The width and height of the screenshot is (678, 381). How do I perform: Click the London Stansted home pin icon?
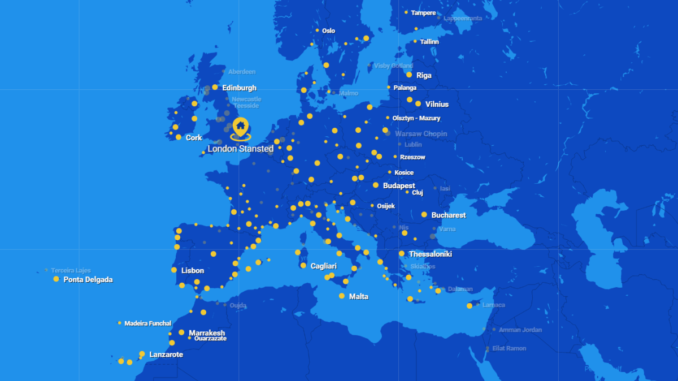pyautogui.click(x=240, y=125)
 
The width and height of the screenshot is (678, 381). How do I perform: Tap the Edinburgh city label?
pyautogui.click(x=239, y=88)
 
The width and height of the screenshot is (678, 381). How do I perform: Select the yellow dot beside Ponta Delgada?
pyautogui.click(x=56, y=279)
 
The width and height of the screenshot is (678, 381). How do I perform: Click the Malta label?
pyautogui.click(x=358, y=296)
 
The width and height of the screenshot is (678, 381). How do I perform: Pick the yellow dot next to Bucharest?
pyautogui.click(x=424, y=215)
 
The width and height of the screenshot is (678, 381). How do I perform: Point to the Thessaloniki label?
pyautogui.click(x=430, y=254)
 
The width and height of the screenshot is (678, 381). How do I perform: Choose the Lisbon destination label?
pyautogui.click(x=192, y=271)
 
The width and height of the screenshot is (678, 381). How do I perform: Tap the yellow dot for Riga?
pyautogui.click(x=409, y=75)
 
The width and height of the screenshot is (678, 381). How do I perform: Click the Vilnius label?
pyautogui.click(x=437, y=104)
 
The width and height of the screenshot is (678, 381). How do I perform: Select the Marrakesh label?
pyautogui.click(x=207, y=333)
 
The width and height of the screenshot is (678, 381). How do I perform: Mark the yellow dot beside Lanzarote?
pyautogui.click(x=142, y=354)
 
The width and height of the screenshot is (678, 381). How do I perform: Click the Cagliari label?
pyautogui.click(x=323, y=266)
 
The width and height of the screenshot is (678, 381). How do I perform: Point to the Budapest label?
pyautogui.click(x=399, y=185)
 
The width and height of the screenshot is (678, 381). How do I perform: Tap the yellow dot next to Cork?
pyautogui.click(x=179, y=137)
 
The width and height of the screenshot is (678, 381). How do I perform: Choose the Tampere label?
pyautogui.click(x=423, y=12)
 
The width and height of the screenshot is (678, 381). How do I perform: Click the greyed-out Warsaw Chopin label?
pyautogui.click(x=421, y=134)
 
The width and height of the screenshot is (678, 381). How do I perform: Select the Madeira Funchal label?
pyautogui.click(x=147, y=323)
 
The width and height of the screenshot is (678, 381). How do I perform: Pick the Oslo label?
pyautogui.click(x=328, y=31)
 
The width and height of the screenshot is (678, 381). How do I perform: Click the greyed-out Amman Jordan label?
pyautogui.click(x=520, y=330)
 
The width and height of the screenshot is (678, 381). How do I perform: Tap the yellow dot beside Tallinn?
pyautogui.click(x=415, y=41)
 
